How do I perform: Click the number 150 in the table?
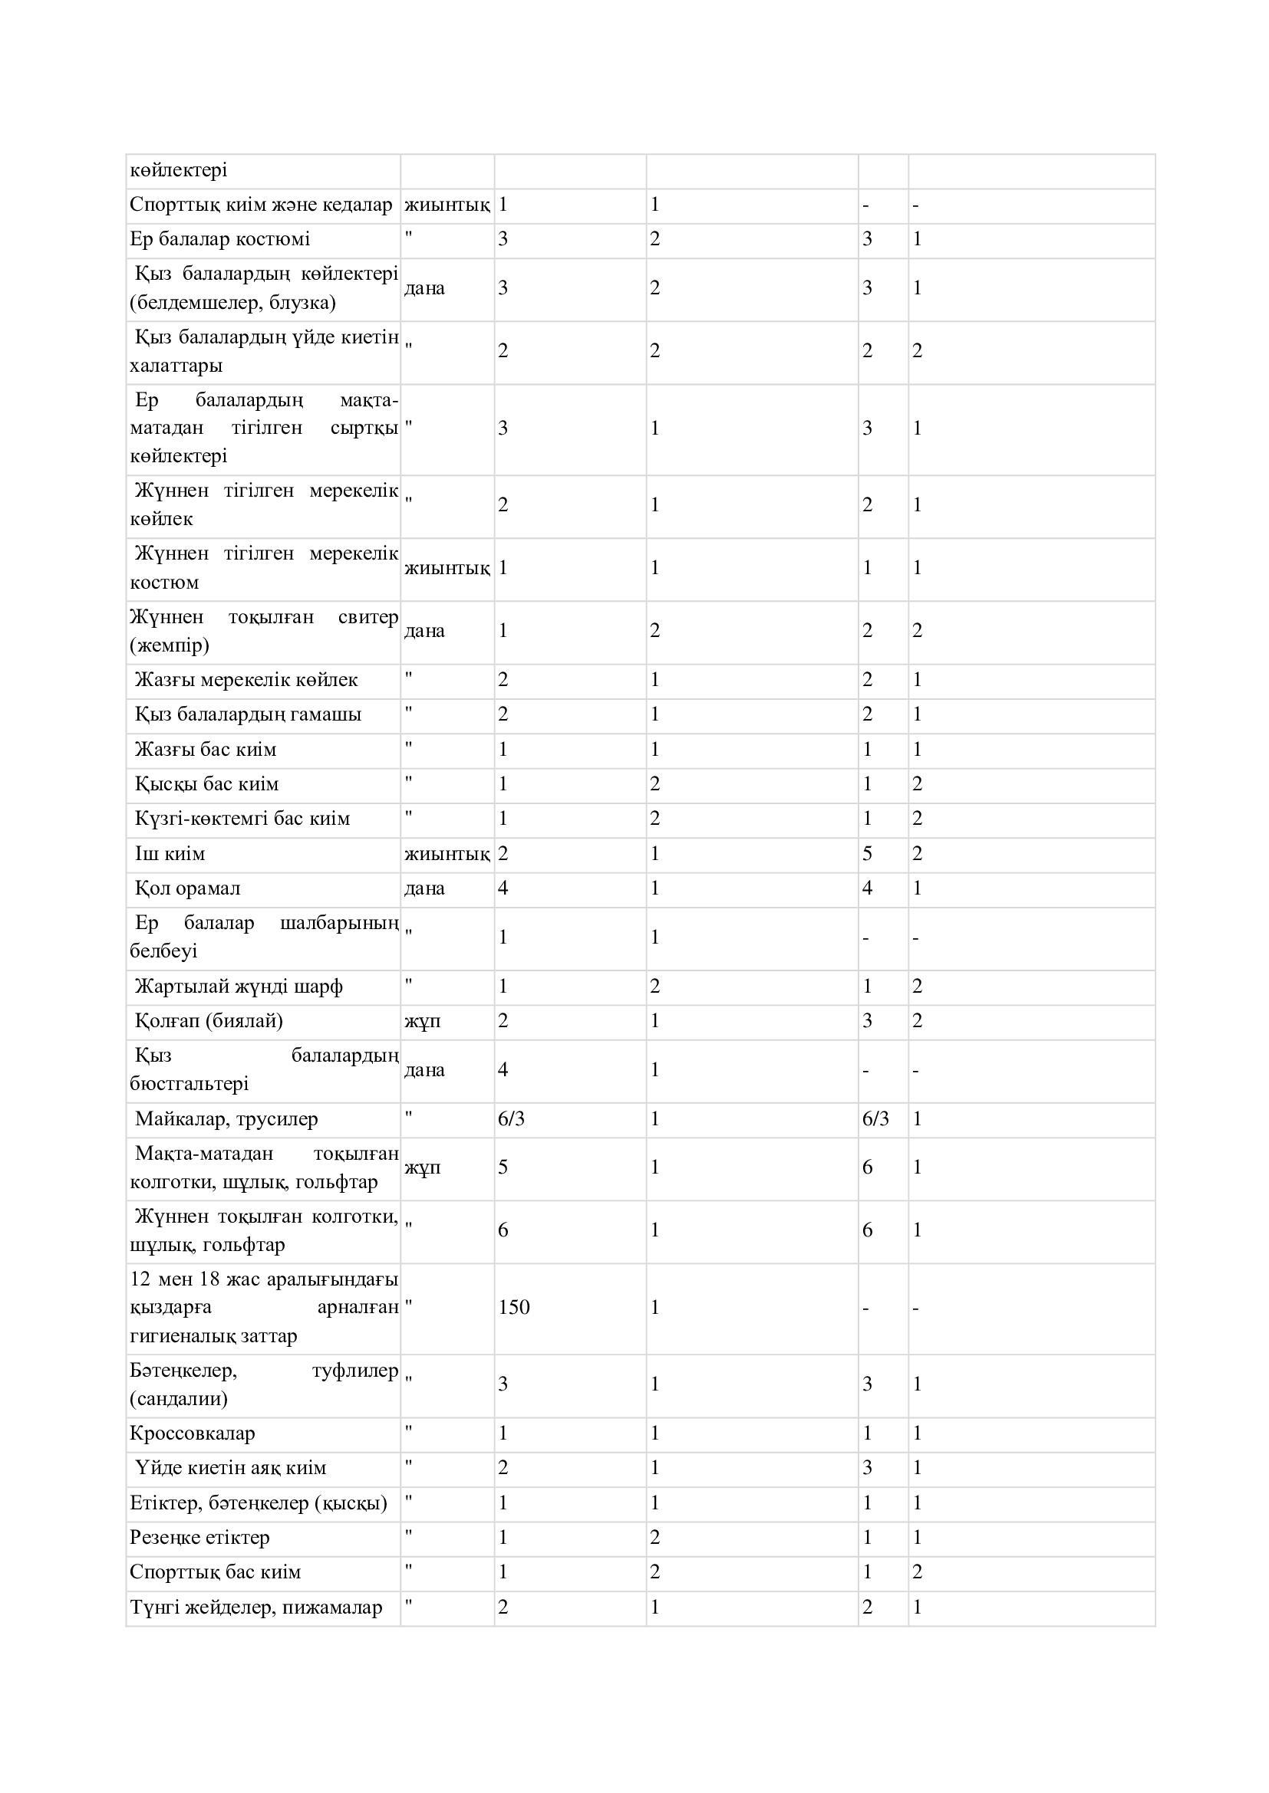pyautogui.click(x=513, y=1307)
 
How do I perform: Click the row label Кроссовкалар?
pyautogui.click(x=193, y=1433)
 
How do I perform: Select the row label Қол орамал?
pyautogui.click(x=187, y=888)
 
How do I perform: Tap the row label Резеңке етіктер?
pyautogui.click(x=199, y=1537)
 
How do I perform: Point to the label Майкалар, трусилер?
pyautogui.click(x=226, y=1119)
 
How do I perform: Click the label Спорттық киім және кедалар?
pyautogui.click(x=261, y=205)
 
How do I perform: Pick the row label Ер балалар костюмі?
pyautogui.click(x=219, y=239)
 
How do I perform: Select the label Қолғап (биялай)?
pyautogui.click(x=209, y=1020)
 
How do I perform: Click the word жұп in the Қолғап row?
pyautogui.click(x=422, y=1020)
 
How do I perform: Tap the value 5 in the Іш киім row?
pyautogui.click(x=868, y=853)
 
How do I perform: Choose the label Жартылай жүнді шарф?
pyautogui.click(x=239, y=987)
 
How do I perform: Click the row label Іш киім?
pyautogui.click(x=170, y=853)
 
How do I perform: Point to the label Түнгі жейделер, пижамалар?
pyautogui.click(x=256, y=1607)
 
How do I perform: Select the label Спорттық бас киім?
pyautogui.click(x=215, y=1571)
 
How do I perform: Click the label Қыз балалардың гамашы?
pyautogui.click(x=248, y=714)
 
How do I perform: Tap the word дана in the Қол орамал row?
pyautogui.click(x=424, y=888)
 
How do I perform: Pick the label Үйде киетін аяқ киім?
pyautogui.click(x=230, y=1467)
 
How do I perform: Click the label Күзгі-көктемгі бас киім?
pyautogui.click(x=242, y=819)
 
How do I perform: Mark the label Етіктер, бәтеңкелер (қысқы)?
pyautogui.click(x=259, y=1502)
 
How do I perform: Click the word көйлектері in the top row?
pyautogui.click(x=178, y=170)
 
